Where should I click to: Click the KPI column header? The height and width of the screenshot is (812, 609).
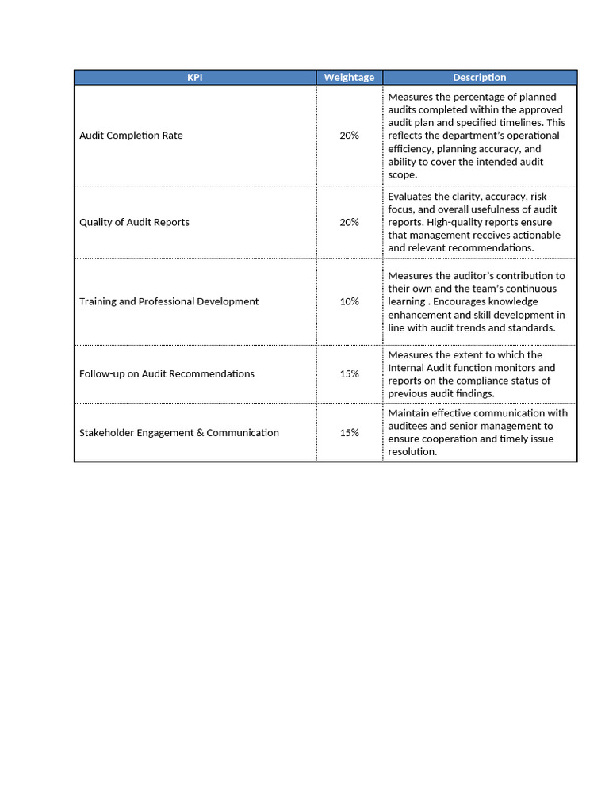[x=195, y=77]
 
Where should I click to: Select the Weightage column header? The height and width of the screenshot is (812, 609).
[x=349, y=77]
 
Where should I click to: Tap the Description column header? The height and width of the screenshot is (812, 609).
[x=479, y=77]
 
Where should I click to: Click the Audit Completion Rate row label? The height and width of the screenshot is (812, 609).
[x=131, y=136]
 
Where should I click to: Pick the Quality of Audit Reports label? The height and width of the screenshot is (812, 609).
[x=134, y=222]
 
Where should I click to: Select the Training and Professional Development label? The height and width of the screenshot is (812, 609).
[x=169, y=301]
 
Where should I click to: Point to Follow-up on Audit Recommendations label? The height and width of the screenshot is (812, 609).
[x=167, y=373]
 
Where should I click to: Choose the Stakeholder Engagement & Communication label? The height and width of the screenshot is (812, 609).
[x=179, y=433]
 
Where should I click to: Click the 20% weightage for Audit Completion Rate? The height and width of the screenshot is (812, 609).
[x=349, y=136]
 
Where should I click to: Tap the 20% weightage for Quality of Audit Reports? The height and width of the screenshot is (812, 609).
[x=349, y=222]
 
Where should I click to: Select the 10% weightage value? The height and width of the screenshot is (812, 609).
[x=349, y=301]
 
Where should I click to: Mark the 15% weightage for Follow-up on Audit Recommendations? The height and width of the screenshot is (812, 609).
[x=349, y=373]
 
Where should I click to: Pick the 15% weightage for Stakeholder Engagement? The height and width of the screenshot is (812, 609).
[x=349, y=433]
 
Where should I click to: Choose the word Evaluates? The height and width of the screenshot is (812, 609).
[x=411, y=197]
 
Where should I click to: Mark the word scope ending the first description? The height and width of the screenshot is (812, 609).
[x=401, y=174]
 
